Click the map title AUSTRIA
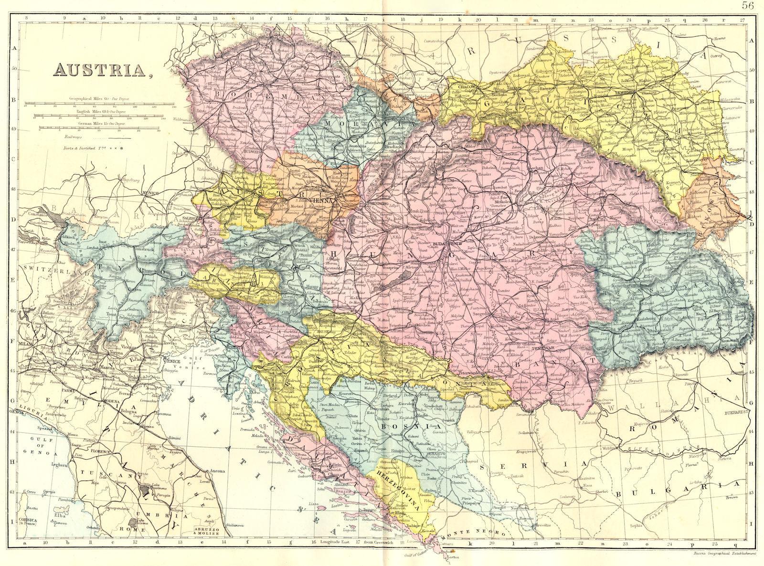coord(100,70)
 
